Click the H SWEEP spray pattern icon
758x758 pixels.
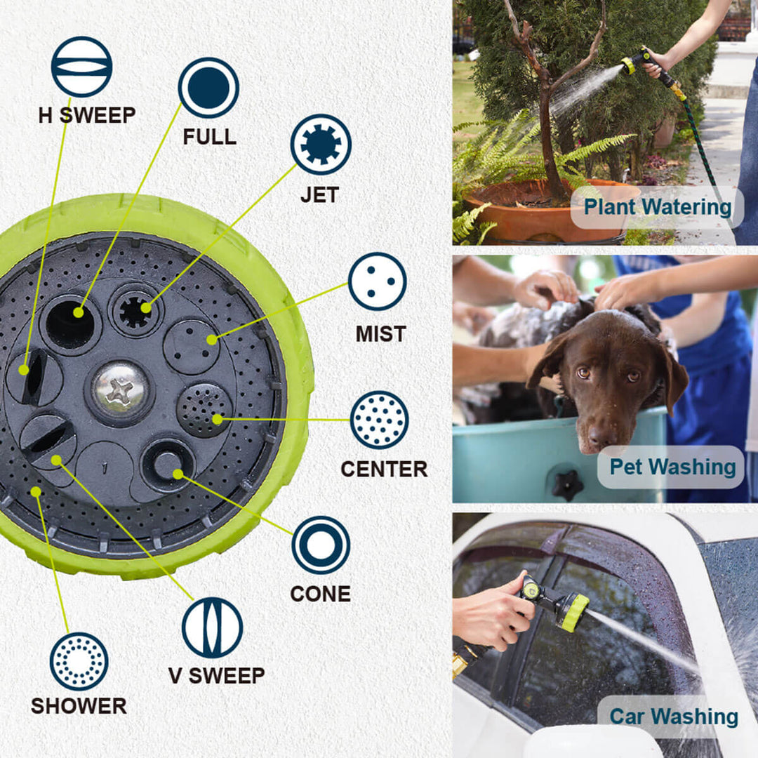coord(81,67)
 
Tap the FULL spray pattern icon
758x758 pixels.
coord(208,88)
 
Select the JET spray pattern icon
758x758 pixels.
coord(321,144)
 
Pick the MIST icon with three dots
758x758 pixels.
coord(378,281)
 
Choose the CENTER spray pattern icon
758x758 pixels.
coord(379,420)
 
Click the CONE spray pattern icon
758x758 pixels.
coord(321,545)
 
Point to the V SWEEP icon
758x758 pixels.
coord(212,627)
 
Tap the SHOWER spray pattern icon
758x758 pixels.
coord(79,661)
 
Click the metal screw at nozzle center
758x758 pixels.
coord(120,390)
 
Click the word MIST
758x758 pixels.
coord(381,334)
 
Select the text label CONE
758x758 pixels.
coord(320,594)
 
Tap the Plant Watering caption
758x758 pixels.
coord(658,207)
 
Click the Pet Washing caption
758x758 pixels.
coord(672,467)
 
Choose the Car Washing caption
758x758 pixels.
coord(673,717)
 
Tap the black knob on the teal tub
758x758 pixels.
coord(567,484)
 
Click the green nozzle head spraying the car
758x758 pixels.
coord(572,611)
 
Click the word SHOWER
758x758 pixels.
coord(79,705)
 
